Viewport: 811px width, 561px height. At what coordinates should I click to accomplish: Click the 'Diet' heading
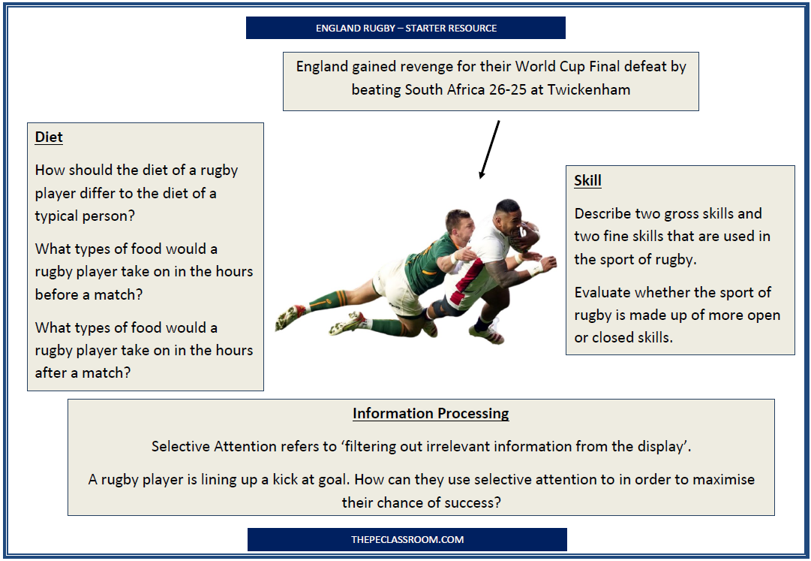[x=49, y=137]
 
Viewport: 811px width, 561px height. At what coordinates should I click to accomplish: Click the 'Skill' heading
[x=587, y=180]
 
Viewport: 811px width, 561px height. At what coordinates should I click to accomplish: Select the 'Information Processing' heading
[x=431, y=414]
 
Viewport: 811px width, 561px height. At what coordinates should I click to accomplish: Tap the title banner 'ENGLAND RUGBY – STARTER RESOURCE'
[x=406, y=28]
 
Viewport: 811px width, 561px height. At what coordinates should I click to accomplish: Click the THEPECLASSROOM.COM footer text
[x=407, y=539]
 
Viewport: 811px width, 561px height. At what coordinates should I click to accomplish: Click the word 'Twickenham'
[x=589, y=89]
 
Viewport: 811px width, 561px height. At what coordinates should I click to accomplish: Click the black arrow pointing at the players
[x=489, y=149]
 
